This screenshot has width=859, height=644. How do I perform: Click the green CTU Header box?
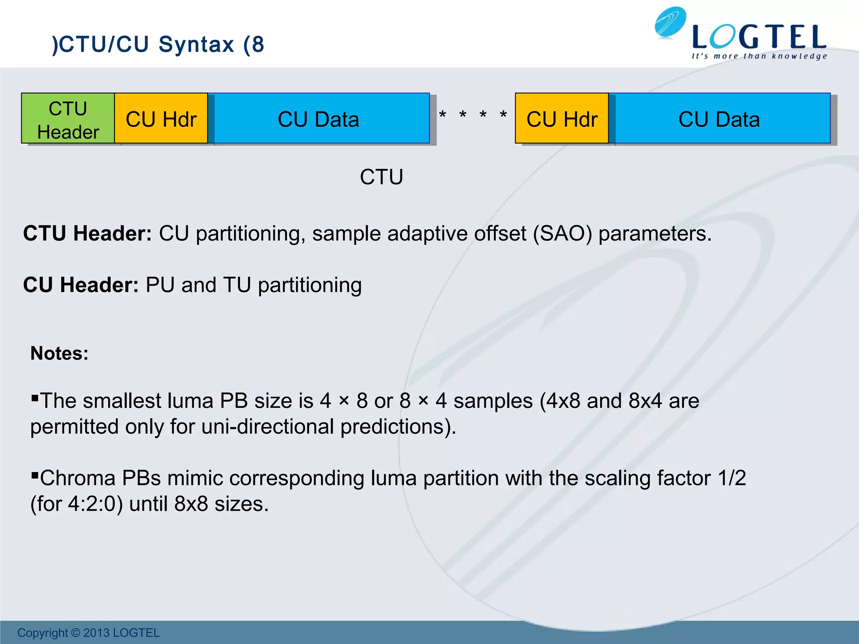click(68, 119)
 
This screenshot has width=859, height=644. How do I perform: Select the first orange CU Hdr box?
click(161, 119)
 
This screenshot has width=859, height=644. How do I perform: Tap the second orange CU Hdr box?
click(562, 119)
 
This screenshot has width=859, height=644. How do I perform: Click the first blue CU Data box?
click(319, 119)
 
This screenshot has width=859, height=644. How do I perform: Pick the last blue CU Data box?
click(719, 119)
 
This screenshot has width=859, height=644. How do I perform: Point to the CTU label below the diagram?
click(381, 177)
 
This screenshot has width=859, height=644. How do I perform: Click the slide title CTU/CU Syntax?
click(158, 44)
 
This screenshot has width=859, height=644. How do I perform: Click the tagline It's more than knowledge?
click(759, 56)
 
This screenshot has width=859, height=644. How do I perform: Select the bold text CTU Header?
click(87, 234)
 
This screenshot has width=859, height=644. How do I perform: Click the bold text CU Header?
click(81, 285)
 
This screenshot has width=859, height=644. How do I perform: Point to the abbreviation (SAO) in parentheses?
click(562, 234)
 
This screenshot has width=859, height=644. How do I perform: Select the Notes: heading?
click(59, 353)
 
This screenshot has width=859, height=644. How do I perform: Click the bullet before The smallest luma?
click(35, 397)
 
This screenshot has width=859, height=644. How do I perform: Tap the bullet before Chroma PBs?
click(35, 475)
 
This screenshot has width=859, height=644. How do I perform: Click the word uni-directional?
click(269, 427)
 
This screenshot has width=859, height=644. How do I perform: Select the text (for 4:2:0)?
click(76, 504)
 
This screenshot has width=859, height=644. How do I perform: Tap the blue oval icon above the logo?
click(670, 22)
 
